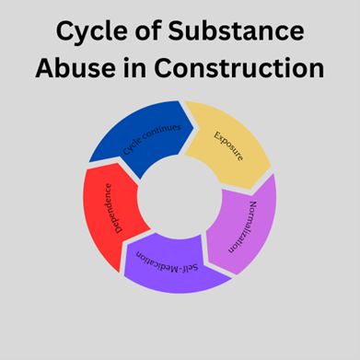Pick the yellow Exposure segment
click(230, 142)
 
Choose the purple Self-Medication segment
click(175, 267)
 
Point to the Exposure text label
click(228, 145)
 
